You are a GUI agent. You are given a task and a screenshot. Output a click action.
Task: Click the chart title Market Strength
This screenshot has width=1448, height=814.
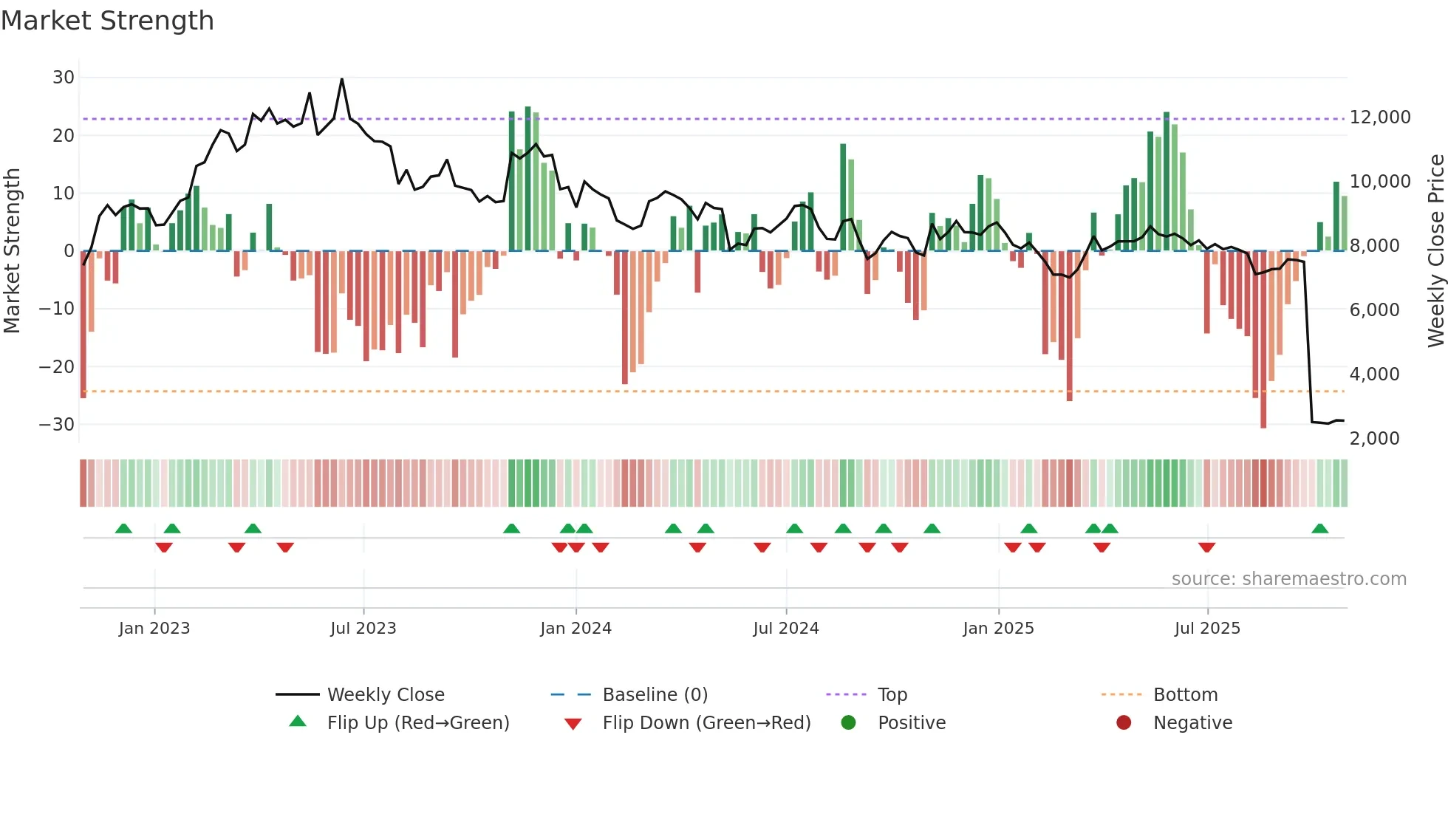click(x=107, y=21)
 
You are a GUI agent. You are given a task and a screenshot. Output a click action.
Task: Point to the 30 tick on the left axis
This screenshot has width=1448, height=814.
click(x=64, y=78)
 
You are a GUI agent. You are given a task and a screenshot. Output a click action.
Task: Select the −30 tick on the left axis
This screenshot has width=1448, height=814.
click(x=57, y=425)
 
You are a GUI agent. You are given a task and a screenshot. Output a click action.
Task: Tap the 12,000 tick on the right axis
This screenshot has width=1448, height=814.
click(x=1379, y=117)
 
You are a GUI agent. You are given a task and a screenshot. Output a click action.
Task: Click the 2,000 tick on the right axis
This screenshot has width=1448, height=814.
click(x=1374, y=439)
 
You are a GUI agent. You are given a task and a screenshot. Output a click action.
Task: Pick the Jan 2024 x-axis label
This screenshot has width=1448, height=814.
click(x=576, y=629)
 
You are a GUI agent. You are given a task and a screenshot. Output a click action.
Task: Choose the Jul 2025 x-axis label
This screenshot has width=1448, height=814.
click(x=1207, y=629)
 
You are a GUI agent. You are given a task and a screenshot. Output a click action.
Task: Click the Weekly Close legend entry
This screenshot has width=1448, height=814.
click(x=385, y=695)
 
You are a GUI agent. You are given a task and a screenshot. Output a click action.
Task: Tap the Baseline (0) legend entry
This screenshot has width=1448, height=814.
click(x=655, y=695)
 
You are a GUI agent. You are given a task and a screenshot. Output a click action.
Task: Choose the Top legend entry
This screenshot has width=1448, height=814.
click(x=892, y=695)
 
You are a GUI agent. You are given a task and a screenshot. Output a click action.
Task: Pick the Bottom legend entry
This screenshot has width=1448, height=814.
click(x=1185, y=695)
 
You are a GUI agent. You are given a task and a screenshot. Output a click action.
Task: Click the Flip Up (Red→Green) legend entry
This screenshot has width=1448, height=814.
click(x=417, y=723)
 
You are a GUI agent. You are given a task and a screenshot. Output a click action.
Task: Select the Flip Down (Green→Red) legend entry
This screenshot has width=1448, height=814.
click(x=706, y=723)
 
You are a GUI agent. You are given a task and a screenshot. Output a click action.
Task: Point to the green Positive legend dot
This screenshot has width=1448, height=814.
click(x=848, y=723)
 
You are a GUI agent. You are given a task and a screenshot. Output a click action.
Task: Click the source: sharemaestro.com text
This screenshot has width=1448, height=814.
click(x=1288, y=579)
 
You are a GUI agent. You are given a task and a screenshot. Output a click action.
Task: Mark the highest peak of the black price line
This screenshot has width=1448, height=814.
click(x=341, y=79)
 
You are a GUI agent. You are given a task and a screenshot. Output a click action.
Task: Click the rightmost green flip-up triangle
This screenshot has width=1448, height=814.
click(x=1319, y=529)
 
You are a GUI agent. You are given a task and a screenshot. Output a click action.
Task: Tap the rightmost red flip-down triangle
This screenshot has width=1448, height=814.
click(x=1206, y=547)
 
